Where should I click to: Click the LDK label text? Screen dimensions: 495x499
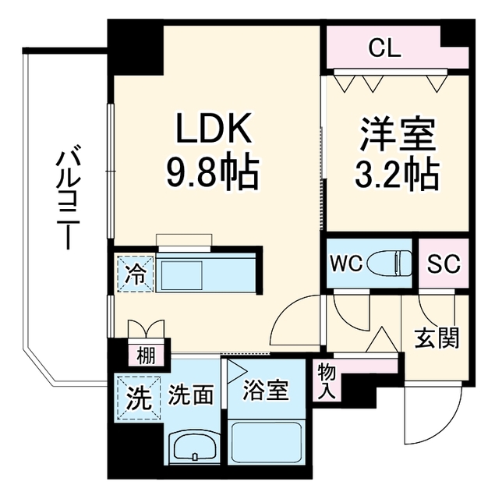coord(214,129)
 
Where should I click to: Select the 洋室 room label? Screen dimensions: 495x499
coord(397,135)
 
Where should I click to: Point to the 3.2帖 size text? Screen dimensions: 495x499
coord(397,174)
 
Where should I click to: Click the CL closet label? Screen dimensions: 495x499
coord(384,49)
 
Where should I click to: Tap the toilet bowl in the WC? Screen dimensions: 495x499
coord(390,263)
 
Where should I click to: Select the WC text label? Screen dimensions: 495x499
coord(346,264)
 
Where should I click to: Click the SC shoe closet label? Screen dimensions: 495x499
coord(444,264)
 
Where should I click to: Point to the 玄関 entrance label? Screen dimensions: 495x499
coord(437,338)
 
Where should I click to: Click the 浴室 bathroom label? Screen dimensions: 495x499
coord(266,391)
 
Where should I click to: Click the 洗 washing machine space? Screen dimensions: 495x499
coord(139,398)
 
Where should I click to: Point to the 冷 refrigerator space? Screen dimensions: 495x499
coord(136,274)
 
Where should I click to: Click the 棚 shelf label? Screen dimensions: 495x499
coord(146,356)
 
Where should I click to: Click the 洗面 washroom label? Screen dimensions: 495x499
coord(190,395)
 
